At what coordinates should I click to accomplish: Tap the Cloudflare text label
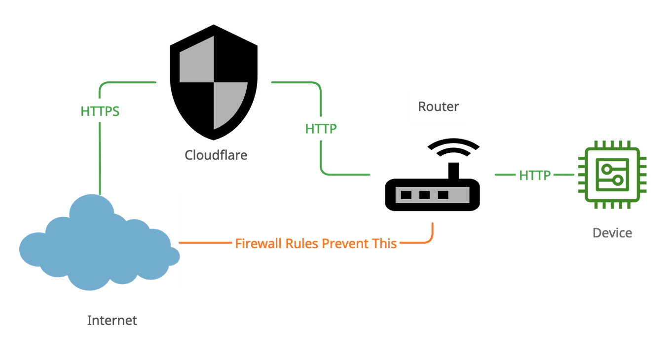(216, 156)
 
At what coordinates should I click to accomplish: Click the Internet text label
(112, 321)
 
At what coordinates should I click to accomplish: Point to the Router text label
(439, 106)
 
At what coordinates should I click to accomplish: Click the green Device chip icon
(612, 175)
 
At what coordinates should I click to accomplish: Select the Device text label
(612, 233)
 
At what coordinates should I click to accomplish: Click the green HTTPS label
(101, 111)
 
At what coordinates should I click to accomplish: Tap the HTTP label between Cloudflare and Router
(321, 129)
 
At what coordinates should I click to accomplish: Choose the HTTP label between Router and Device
(534, 175)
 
